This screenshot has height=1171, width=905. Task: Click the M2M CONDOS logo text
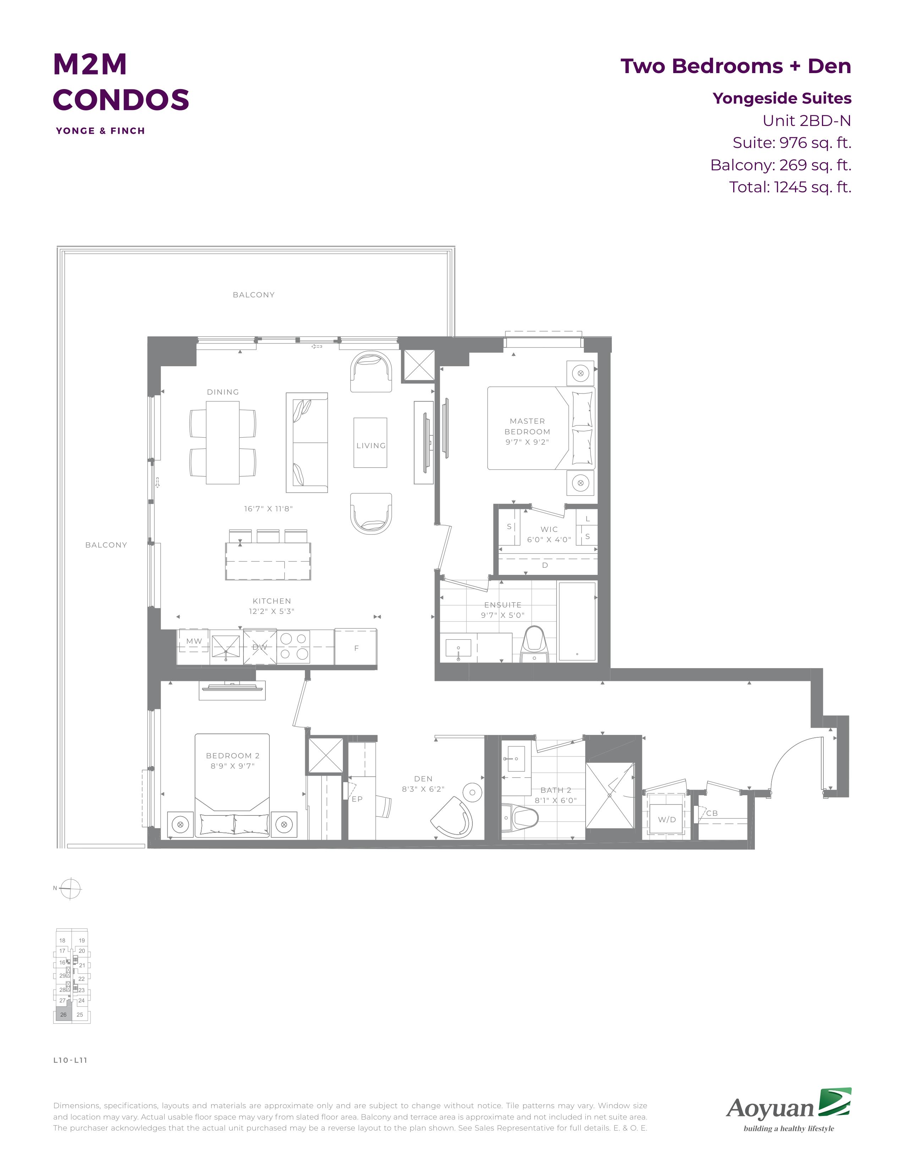[x=121, y=82]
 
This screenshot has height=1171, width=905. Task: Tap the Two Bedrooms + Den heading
[x=736, y=66]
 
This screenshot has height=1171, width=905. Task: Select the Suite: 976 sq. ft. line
[x=792, y=143]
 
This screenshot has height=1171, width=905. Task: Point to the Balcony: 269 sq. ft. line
[x=781, y=165]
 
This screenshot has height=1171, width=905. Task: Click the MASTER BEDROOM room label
[x=527, y=426]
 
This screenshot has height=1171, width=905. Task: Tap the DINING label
[x=223, y=392]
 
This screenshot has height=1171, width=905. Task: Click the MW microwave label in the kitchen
[x=194, y=641]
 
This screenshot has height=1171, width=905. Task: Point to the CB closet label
[x=712, y=813]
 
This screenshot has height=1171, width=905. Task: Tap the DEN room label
[x=423, y=779]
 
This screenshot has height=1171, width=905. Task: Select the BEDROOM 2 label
[x=233, y=755]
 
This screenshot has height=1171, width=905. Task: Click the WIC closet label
[x=549, y=529]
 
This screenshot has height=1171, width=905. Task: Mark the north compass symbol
[x=70, y=889]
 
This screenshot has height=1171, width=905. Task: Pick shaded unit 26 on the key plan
[x=63, y=1015]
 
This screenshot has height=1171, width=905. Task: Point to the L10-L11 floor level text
[x=70, y=1060]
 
